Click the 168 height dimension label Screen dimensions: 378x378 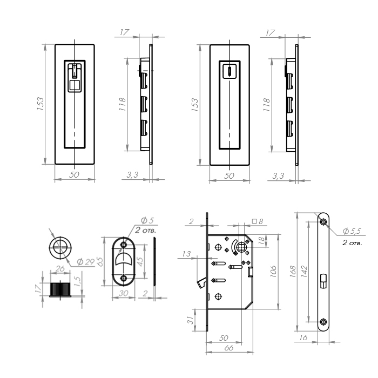click(293, 271)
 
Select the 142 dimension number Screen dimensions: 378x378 click(304, 272)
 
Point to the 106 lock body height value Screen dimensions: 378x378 click(273, 272)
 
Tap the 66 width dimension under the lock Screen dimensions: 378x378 click(228, 348)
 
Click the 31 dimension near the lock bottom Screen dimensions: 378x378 click(191, 320)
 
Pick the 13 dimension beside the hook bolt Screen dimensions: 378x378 click(186, 254)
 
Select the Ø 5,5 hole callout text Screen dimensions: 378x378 click(352, 231)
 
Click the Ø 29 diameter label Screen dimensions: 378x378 click(86, 261)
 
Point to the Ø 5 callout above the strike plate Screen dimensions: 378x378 click(147, 220)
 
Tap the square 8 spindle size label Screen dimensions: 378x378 click(258, 221)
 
